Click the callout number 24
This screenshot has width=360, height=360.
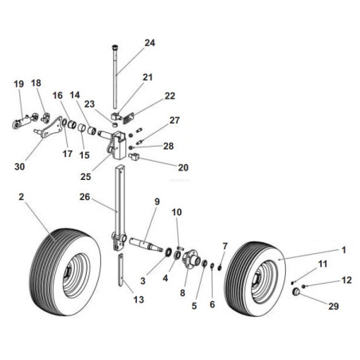[150, 43]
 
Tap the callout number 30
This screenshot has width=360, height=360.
[20, 166]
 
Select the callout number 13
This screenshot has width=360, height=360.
[139, 299]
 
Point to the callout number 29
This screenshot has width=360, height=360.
[334, 306]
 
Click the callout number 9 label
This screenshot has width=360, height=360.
[157, 202]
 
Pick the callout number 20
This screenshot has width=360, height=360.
[183, 167]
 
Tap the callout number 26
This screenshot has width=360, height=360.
[84, 197]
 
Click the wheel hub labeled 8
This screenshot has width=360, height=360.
[191, 259]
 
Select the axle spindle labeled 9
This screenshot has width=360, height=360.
[147, 245]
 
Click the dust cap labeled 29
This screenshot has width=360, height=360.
[296, 292]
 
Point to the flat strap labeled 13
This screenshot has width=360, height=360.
[121, 270]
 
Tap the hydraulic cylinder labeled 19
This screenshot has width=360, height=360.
[25, 121]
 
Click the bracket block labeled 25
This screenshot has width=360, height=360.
[118, 145]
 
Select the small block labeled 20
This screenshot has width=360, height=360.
[134, 157]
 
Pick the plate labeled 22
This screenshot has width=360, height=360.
[129, 119]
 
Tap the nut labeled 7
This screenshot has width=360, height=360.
[220, 268]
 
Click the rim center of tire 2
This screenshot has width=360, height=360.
[68, 276]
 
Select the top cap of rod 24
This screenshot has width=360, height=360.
[115, 48]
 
